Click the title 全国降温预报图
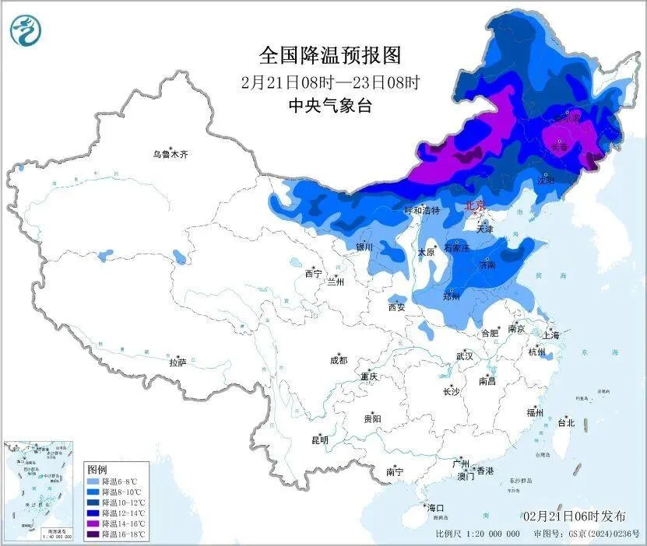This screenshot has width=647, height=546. click(329, 56)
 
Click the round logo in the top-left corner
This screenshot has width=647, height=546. click(26, 30)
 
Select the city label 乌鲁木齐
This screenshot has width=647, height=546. click(170, 154)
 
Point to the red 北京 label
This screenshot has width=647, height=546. click(474, 206)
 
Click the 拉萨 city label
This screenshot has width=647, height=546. click(178, 362)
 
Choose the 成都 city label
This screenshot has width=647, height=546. click(339, 360)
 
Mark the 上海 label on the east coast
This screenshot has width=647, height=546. click(551, 335)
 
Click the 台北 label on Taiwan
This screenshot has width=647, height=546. click(565, 423)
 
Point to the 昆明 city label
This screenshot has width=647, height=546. click(320, 440)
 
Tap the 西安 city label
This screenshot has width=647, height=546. click(396, 307)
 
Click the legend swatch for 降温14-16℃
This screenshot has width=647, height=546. click(92, 525)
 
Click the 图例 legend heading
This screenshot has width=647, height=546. click(97, 470)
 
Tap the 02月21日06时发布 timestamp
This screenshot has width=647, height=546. click(574, 516)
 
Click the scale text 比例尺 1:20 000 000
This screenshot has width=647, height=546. click(478, 535)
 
